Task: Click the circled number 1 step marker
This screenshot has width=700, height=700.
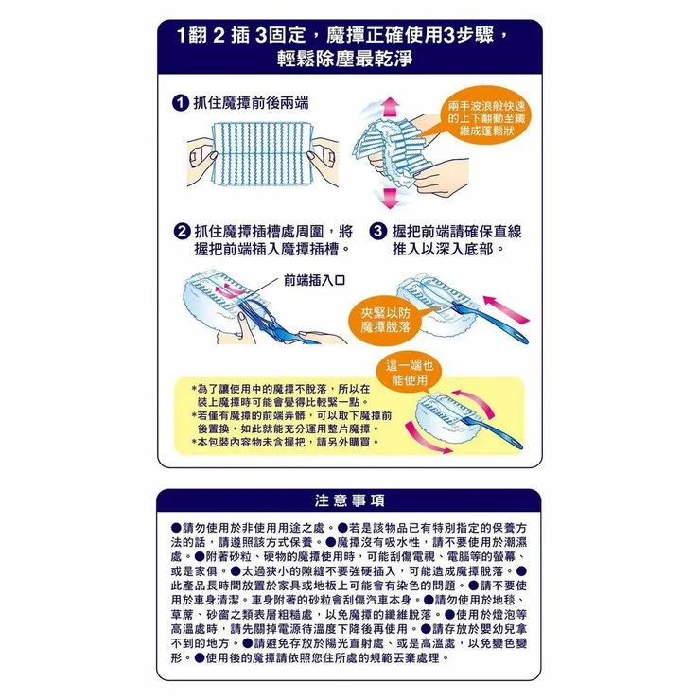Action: [179, 102]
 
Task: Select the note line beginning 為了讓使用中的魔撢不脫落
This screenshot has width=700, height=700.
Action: [279, 389]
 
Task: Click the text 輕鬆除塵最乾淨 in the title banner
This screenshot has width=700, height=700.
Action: [350, 56]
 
